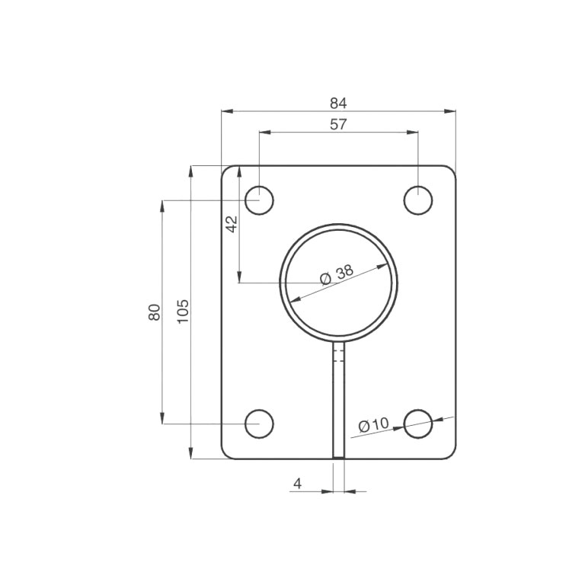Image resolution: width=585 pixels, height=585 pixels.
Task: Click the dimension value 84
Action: (x=338, y=103)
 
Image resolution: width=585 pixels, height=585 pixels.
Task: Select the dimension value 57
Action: (x=338, y=124)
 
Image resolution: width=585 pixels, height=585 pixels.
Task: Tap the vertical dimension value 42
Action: (x=232, y=223)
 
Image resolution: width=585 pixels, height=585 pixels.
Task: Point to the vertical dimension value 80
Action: (x=155, y=312)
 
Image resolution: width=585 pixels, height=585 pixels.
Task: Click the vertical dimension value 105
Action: (x=183, y=312)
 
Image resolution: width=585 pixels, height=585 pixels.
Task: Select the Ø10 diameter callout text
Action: (x=373, y=425)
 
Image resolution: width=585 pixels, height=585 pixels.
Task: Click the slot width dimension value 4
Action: (x=297, y=483)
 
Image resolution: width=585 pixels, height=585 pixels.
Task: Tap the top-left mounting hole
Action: (x=259, y=200)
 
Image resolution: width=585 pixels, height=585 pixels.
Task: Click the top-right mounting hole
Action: (x=418, y=200)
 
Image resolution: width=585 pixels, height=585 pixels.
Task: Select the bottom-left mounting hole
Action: (x=259, y=424)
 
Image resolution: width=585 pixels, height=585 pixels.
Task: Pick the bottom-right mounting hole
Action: (x=418, y=424)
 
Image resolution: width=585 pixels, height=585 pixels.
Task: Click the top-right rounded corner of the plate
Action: (x=452, y=170)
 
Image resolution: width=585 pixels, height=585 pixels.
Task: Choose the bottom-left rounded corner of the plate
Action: (x=225, y=455)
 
